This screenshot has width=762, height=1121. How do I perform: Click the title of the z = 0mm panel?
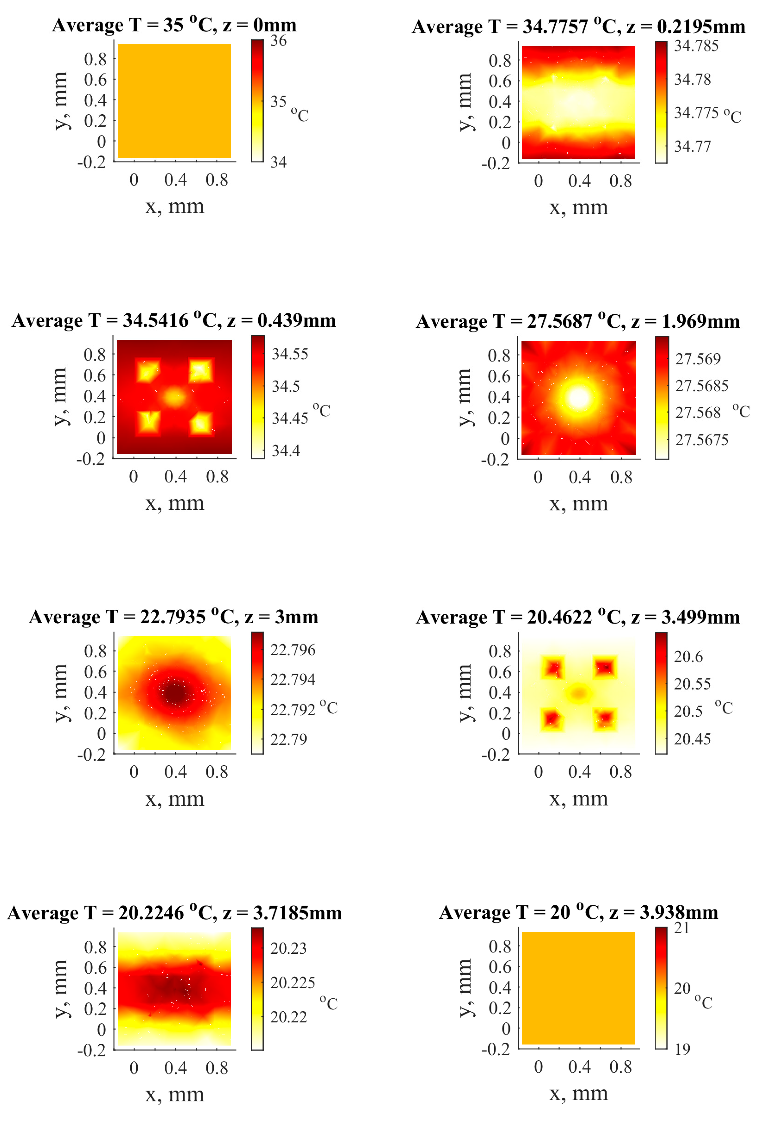click(x=174, y=25)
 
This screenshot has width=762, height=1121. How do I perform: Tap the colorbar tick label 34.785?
click(x=696, y=46)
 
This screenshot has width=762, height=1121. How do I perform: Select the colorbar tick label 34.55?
click(x=290, y=354)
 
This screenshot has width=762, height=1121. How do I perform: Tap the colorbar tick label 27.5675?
click(x=701, y=440)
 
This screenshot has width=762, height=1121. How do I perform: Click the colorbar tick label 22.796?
click(x=293, y=650)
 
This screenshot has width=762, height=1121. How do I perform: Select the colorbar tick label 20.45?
click(x=692, y=739)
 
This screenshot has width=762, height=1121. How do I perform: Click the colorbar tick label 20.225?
click(x=293, y=982)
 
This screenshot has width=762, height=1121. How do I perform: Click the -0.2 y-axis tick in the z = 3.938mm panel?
click(x=495, y=1049)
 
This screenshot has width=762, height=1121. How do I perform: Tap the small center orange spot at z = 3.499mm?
click(x=579, y=693)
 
